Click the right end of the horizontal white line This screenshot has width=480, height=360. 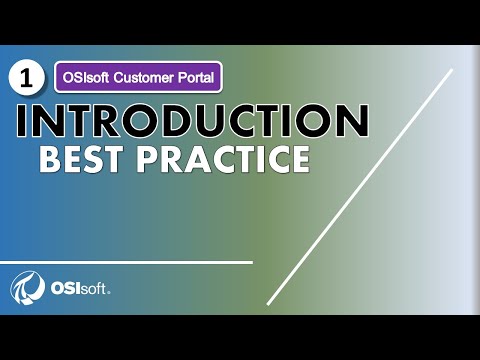(x=251, y=262)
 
